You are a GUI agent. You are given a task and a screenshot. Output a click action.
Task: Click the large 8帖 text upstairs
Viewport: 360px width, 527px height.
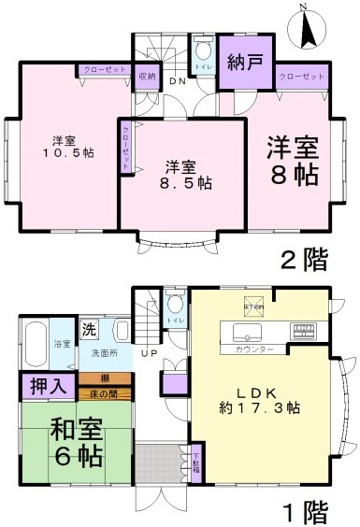click(292, 175)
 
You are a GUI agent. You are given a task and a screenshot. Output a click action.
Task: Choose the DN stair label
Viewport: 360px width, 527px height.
click(176, 81)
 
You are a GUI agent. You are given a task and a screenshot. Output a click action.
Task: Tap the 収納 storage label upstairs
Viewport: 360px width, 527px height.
click(148, 77)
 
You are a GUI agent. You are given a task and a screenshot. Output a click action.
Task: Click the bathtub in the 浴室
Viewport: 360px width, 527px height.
click(35, 345)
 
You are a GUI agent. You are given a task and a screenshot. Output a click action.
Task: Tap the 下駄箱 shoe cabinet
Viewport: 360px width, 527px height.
click(196, 463)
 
